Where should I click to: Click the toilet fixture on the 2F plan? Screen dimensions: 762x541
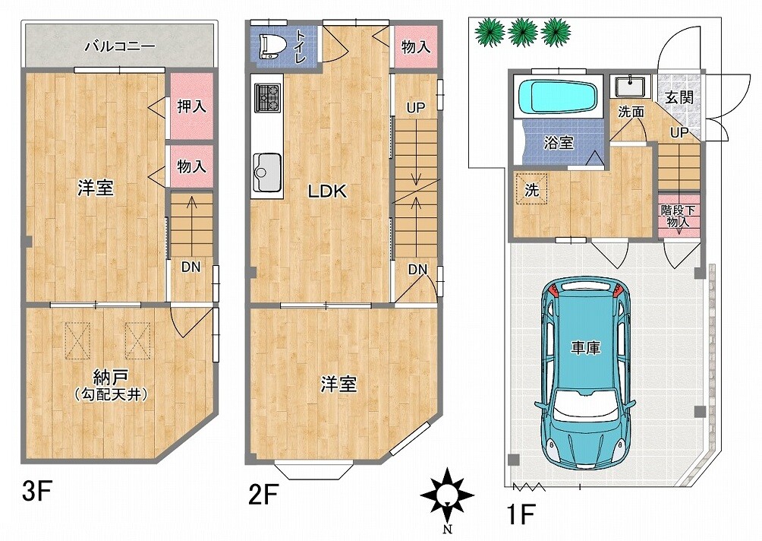(x=269, y=46)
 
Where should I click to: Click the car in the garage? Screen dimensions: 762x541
(x=586, y=373)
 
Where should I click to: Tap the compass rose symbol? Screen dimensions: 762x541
(x=446, y=495)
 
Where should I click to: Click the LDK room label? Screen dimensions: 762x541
(x=328, y=191)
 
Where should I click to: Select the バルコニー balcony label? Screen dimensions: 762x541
(x=120, y=46)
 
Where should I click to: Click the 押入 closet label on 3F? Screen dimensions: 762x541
(x=191, y=106)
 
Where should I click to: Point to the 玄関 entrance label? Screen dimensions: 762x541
(x=679, y=97)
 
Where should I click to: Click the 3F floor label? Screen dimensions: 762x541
(x=37, y=492)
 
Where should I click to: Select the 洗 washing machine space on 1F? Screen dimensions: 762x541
(x=531, y=190)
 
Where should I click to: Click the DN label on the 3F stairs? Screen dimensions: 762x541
(x=191, y=267)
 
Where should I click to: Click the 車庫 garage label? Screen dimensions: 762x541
(x=586, y=347)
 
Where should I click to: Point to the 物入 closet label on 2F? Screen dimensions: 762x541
(x=416, y=46)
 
